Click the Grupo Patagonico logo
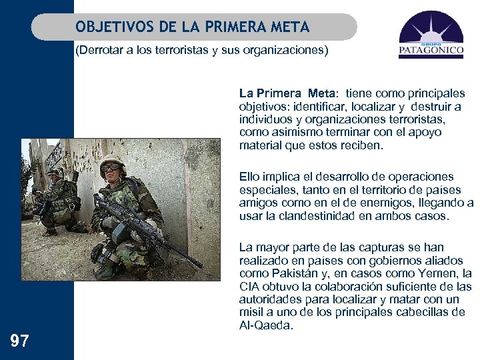click(x=431, y=38)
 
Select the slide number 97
click(x=20, y=342)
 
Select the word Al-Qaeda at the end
click(x=265, y=325)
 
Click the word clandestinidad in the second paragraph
click(x=316, y=216)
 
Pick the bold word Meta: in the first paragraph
click(x=321, y=93)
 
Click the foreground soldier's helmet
click(x=112, y=160)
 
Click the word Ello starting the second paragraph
click(x=249, y=177)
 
